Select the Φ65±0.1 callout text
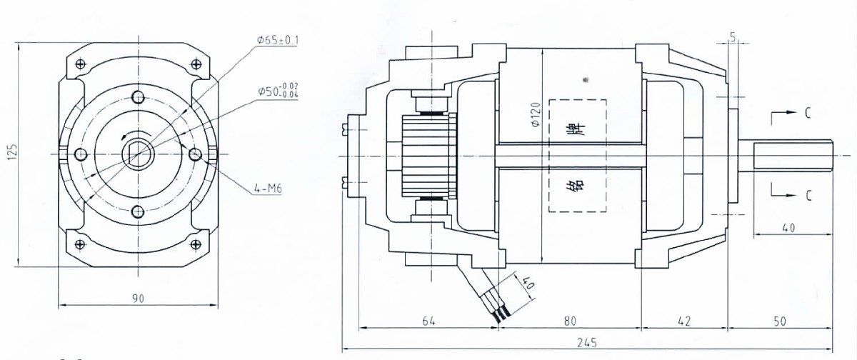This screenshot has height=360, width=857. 278,41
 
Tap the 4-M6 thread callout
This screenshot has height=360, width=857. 266,189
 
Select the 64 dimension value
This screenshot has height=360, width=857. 428,321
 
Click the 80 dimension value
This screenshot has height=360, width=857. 569,321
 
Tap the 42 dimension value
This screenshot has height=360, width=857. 683,321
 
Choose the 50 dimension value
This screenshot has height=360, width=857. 779,321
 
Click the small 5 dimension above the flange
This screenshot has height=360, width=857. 733,37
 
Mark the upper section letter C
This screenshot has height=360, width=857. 807,113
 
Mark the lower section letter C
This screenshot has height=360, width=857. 807,196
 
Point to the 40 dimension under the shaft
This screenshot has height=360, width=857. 788,228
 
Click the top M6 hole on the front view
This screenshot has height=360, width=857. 138,97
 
